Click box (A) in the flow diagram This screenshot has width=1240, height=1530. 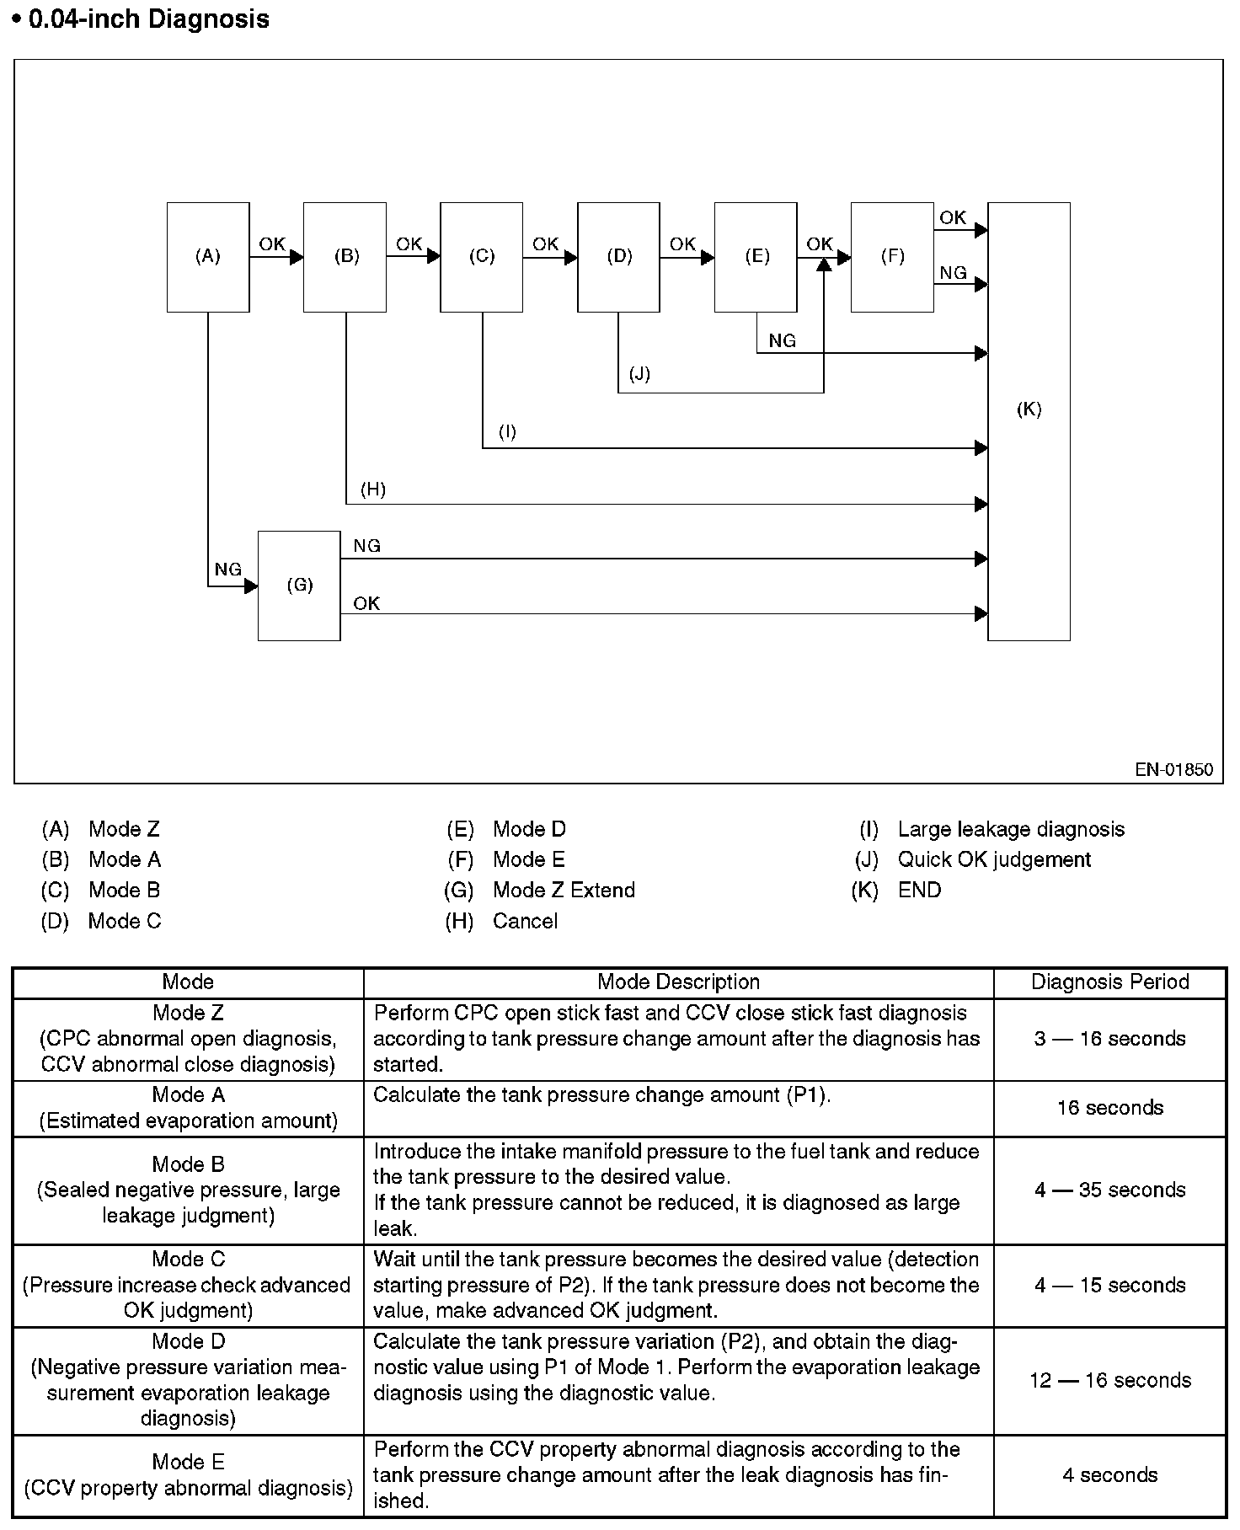pyautogui.click(x=208, y=257)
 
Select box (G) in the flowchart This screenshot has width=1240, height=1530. pyautogui.click(x=299, y=586)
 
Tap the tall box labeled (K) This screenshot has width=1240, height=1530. pyautogui.click(x=1029, y=421)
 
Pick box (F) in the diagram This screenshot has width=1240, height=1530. pyautogui.click(x=892, y=257)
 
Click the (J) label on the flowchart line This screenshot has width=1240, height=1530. pyautogui.click(x=639, y=373)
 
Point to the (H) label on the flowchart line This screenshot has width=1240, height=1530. pyautogui.click(x=372, y=489)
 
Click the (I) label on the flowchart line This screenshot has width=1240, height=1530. pyautogui.click(x=507, y=432)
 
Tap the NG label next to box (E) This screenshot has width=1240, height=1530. pyautogui.click(x=782, y=340)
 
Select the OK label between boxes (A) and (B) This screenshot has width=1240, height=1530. pyautogui.click(x=271, y=243)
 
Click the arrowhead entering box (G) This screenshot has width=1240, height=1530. pyautogui.click(x=251, y=586)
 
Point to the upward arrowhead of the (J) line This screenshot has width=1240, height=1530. pyautogui.click(x=824, y=264)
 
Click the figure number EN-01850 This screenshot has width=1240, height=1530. pyautogui.click(x=1173, y=769)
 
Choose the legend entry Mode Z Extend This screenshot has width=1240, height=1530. pyautogui.click(x=564, y=890)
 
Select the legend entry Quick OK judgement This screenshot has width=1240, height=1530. pyautogui.click(x=994, y=859)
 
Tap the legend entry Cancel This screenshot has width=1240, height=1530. pyautogui.click(x=525, y=921)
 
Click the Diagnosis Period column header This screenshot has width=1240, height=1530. pyautogui.click(x=1109, y=982)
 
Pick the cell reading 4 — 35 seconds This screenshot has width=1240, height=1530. pyautogui.click(x=1109, y=1190)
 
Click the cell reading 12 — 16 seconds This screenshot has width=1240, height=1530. pyautogui.click(x=1109, y=1380)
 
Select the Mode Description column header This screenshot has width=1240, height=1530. pyautogui.click(x=678, y=982)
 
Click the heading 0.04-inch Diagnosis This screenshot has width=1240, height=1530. pyautogui.click(x=148, y=19)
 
